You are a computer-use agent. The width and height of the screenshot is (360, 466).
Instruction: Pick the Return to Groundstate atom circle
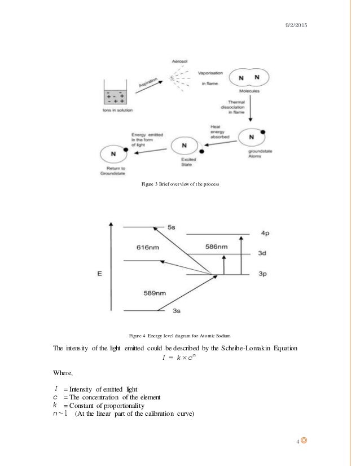click(x=115, y=153)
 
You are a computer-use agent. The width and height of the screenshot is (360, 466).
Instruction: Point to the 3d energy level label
click(x=262, y=254)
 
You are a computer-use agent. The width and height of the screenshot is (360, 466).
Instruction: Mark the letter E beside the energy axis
click(x=100, y=275)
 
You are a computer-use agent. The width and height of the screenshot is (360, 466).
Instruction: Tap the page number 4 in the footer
click(x=297, y=441)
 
